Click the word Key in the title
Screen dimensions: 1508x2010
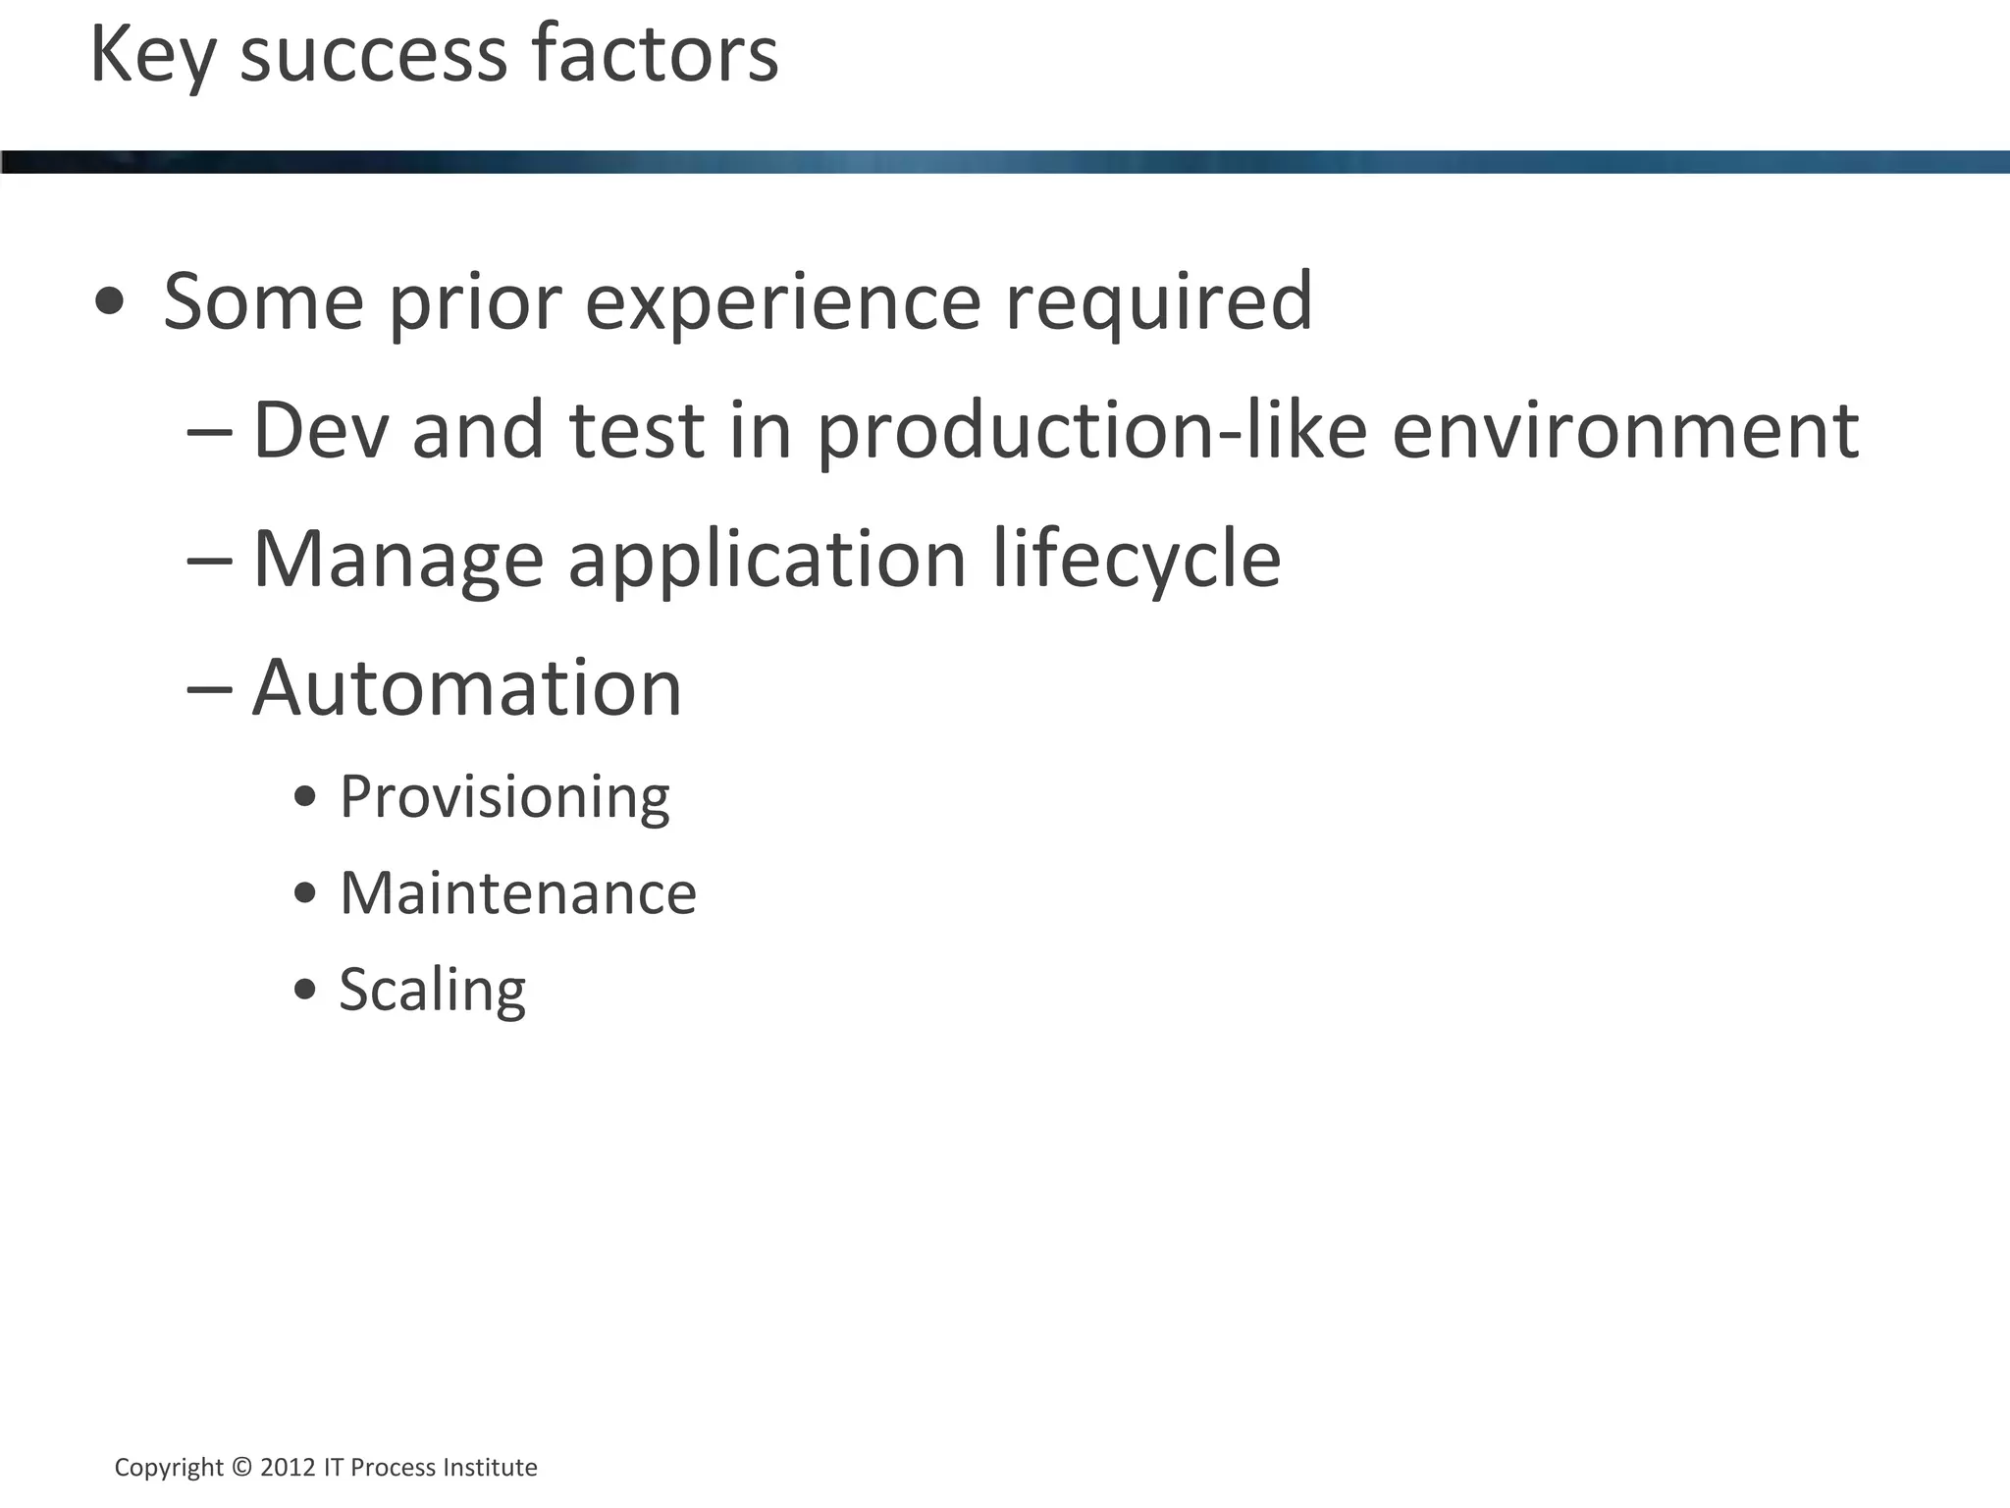152,55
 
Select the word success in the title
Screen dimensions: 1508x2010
374,55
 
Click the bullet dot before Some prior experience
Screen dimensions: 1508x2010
110,300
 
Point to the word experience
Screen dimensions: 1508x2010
782,302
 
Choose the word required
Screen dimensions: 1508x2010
1158,302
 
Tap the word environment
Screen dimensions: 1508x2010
1624,430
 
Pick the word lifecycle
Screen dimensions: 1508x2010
1136,560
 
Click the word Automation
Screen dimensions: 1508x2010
466,687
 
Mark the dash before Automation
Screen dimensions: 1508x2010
209,689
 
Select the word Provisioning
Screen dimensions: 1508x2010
504,797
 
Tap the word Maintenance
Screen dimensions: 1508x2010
517,893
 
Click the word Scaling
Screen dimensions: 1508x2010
432,990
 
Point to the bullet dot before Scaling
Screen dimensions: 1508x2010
305,989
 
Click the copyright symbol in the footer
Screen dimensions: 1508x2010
241,1467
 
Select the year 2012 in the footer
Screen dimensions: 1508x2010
288,1467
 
